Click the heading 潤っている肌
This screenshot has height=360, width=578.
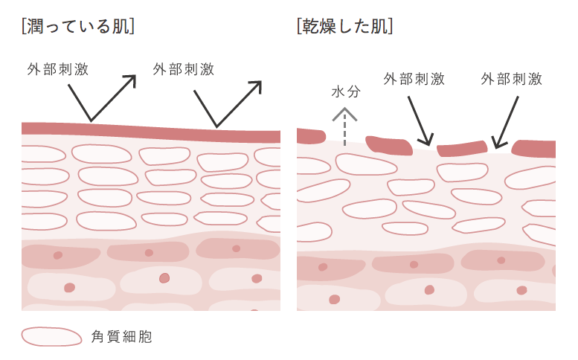(79, 27)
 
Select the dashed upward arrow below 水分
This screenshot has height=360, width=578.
(345, 125)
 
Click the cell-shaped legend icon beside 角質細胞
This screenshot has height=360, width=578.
(51, 336)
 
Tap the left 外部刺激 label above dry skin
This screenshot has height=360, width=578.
(414, 79)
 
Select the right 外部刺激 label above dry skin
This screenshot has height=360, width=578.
(511, 79)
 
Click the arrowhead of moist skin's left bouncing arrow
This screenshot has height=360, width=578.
(132, 78)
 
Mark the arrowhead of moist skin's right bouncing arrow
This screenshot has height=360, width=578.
(258, 86)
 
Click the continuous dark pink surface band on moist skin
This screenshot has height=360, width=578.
(149, 131)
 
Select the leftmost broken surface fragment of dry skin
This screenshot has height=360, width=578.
(310, 136)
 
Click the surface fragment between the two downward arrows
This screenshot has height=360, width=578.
(462, 149)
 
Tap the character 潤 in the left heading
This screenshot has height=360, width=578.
(35, 27)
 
